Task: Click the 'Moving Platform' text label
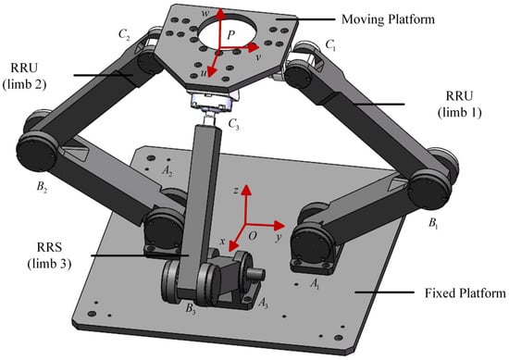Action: (x=388, y=19)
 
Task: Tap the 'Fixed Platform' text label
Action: (x=466, y=293)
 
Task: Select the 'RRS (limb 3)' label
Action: (x=49, y=255)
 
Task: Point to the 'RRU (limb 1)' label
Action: (x=459, y=105)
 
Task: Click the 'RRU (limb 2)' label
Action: (x=24, y=76)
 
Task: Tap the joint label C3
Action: (x=234, y=124)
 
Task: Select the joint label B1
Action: (x=433, y=223)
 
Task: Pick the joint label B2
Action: (x=42, y=187)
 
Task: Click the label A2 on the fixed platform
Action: (x=167, y=170)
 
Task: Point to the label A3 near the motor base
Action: (x=263, y=304)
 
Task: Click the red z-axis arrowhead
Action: (x=247, y=189)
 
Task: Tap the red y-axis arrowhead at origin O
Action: (x=279, y=225)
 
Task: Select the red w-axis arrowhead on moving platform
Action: (x=221, y=13)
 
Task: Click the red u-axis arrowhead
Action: (x=212, y=72)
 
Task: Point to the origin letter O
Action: (x=253, y=236)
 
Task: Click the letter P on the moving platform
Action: (x=230, y=34)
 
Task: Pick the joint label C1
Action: (x=330, y=45)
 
